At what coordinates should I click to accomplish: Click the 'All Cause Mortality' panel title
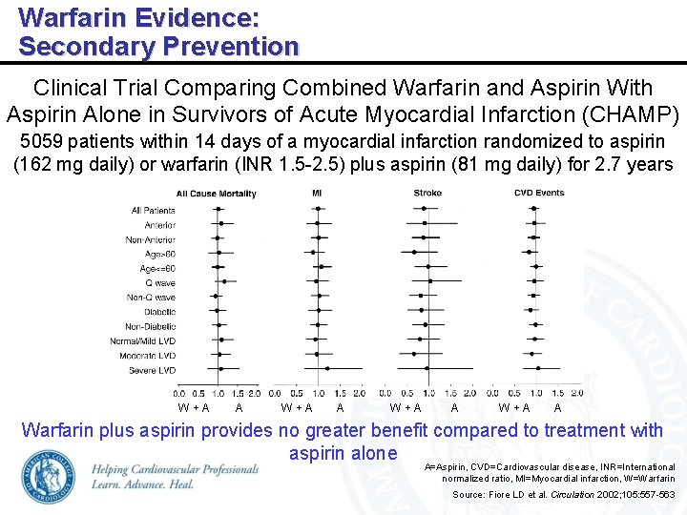[216, 194]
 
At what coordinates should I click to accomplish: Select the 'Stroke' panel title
[427, 193]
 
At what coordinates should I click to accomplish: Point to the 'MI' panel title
[317, 193]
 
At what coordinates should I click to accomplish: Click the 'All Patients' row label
[154, 209]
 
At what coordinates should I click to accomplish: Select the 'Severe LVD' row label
[152, 369]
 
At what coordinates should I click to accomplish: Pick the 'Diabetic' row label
[159, 312]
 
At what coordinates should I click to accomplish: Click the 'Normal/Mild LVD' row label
[143, 340]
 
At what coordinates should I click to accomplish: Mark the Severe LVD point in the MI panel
[327, 368]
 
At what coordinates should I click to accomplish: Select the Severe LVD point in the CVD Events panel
[538, 368]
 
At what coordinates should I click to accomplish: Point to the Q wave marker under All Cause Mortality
[223, 282]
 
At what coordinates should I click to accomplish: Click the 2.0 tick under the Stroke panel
[472, 392]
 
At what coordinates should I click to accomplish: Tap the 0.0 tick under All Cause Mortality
[179, 392]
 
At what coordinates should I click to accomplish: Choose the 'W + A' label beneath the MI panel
[298, 407]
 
